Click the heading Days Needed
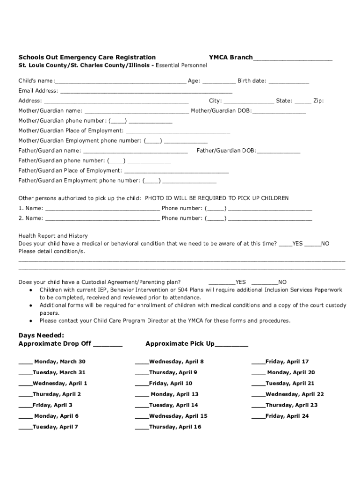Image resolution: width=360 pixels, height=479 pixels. click(x=41, y=335)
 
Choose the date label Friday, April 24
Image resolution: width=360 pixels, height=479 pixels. click(x=287, y=416)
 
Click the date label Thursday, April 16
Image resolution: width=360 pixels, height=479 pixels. click(x=175, y=427)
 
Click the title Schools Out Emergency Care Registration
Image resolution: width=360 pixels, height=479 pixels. click(x=87, y=57)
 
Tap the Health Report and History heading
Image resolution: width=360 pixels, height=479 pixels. click(x=53, y=236)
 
